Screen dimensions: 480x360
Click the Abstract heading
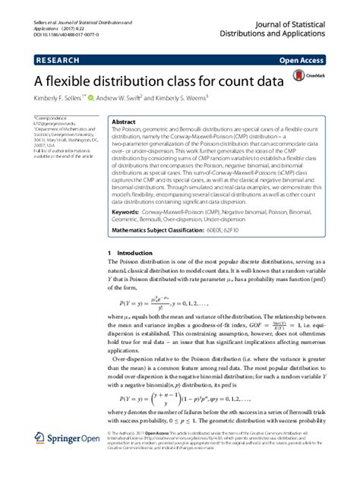(124, 122)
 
